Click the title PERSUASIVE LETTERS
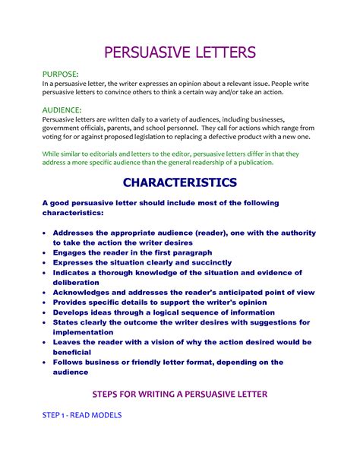(x=180, y=52)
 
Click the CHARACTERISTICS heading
(x=180, y=182)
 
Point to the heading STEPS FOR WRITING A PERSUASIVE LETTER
(x=180, y=394)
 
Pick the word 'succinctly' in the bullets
(x=206, y=262)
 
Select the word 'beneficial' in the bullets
(x=72, y=352)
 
